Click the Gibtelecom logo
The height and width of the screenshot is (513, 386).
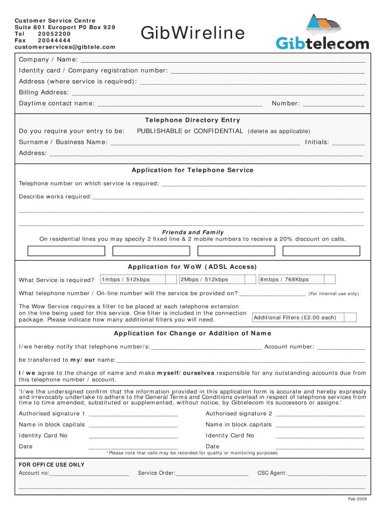point(322,33)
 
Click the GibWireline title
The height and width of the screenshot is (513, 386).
point(192,34)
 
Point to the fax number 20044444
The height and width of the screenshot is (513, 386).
point(54,41)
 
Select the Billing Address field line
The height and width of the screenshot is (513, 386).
point(218,93)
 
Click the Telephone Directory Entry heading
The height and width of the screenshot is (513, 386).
point(192,120)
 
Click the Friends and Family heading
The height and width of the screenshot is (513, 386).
point(192,232)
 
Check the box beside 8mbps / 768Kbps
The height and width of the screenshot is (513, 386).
point(329,280)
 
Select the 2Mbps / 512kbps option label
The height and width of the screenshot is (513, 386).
point(205,280)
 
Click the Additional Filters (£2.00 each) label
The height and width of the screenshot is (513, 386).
point(295,318)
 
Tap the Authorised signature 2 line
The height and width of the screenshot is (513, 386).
point(320,414)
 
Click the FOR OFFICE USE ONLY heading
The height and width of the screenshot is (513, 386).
point(52,464)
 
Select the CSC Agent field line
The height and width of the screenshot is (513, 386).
point(326,474)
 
